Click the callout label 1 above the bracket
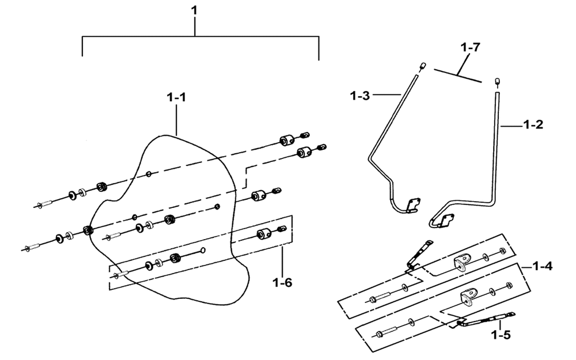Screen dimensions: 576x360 click(x=194, y=10)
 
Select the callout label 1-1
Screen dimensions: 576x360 click(x=176, y=97)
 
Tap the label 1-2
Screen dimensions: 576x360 click(x=533, y=124)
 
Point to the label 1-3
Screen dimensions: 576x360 click(x=360, y=96)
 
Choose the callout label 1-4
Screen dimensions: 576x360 click(x=543, y=266)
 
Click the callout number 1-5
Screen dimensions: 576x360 click(x=501, y=335)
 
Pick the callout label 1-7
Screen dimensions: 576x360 click(x=471, y=47)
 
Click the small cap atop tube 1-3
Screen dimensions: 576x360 click(x=422, y=66)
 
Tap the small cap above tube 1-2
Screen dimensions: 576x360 click(x=498, y=81)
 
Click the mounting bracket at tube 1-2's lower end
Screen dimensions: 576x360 click(x=445, y=221)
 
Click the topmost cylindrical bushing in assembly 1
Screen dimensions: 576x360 click(x=287, y=140)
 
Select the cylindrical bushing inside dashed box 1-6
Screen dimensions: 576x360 click(x=264, y=233)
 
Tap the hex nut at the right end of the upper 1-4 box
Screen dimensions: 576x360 click(x=502, y=251)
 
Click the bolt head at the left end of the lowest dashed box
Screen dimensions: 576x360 click(x=379, y=334)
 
